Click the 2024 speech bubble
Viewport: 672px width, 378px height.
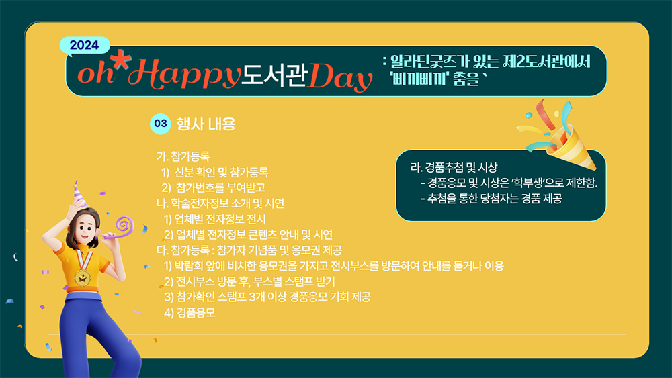(85, 46)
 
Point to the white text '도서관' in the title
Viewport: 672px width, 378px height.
(275, 75)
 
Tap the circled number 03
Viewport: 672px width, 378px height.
(161, 124)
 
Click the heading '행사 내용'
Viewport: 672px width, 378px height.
(206, 124)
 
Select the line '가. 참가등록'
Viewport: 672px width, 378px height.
(183, 156)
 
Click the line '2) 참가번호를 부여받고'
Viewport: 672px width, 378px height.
(214, 187)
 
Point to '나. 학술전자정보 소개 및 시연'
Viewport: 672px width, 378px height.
(220, 203)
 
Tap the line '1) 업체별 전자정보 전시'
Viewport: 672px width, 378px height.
(215, 219)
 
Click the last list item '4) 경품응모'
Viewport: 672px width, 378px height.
(190, 312)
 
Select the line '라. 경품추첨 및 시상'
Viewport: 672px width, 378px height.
(454, 167)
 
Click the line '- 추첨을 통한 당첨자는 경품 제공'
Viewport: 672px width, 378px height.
(491, 199)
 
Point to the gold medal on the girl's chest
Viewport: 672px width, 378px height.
(82, 277)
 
